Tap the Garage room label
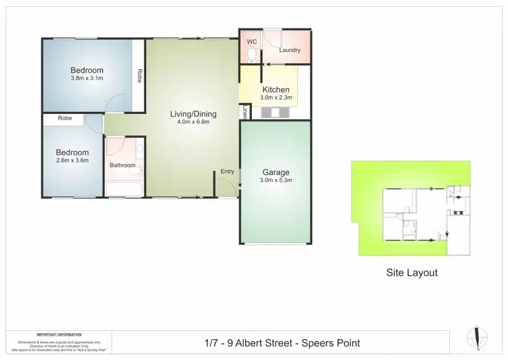click(x=276, y=172)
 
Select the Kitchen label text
click(x=276, y=89)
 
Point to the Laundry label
click(x=289, y=50)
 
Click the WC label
click(x=251, y=41)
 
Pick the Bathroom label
click(x=123, y=165)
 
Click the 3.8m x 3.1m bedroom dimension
click(x=87, y=79)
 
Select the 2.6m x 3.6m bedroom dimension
click(x=72, y=161)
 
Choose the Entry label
click(x=228, y=172)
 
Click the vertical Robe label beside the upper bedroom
click(x=140, y=75)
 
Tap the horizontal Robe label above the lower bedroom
click(x=65, y=118)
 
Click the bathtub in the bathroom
click(x=123, y=188)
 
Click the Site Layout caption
click(x=412, y=273)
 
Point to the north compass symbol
click(x=478, y=337)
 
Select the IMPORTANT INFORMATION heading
click(x=59, y=334)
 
